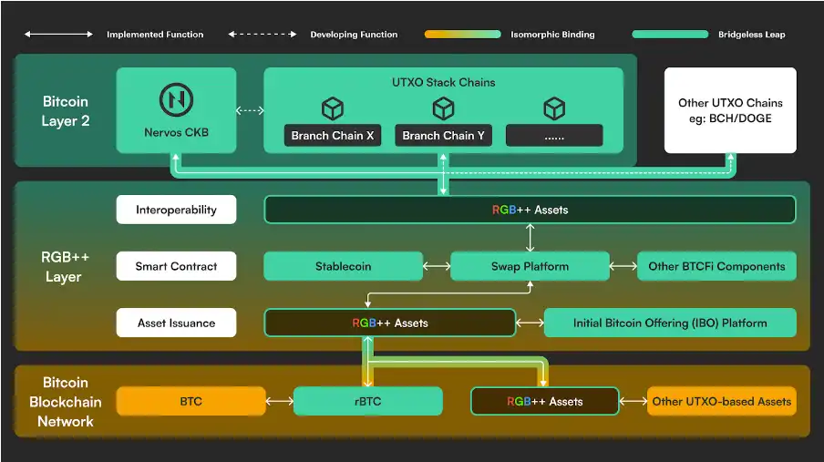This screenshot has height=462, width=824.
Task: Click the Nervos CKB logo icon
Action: [176, 98]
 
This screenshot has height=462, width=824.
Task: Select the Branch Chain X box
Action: [333, 136]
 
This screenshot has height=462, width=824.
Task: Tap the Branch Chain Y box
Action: [443, 136]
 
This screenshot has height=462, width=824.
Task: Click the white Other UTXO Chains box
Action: [730, 110]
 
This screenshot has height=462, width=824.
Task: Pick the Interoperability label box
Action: [176, 210]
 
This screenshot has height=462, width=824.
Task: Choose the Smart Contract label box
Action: [176, 266]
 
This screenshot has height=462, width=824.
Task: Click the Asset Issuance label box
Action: [176, 323]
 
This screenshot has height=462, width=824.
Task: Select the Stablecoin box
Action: [343, 266]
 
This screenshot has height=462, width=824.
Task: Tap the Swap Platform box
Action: [530, 266]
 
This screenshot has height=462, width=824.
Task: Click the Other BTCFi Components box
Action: [716, 266]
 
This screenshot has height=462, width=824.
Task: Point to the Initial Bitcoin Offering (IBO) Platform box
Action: [670, 323]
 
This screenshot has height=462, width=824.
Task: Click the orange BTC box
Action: [191, 401]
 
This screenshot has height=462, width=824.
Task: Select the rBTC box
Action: [367, 401]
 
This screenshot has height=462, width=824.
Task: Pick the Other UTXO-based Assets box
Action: [721, 401]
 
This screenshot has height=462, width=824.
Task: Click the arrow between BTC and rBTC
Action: [278, 401]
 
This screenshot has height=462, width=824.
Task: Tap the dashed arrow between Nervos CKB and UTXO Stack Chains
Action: [250, 111]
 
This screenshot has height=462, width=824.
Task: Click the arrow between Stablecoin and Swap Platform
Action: [437, 266]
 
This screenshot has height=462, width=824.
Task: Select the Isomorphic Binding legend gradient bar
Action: [462, 35]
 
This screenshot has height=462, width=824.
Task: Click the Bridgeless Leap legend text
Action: [751, 35]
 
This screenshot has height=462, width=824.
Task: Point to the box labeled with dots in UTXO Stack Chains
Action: [554, 136]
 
